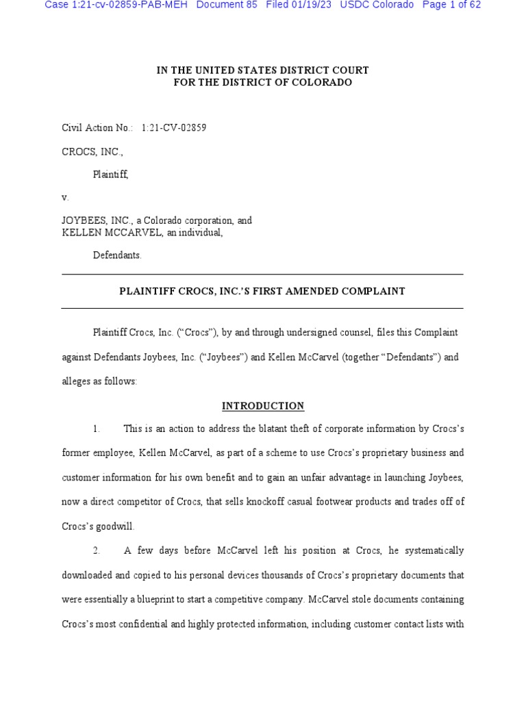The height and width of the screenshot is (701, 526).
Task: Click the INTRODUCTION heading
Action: pos(263,406)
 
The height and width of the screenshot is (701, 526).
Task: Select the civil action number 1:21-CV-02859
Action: pos(174,127)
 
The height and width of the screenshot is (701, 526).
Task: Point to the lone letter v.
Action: pos(65,197)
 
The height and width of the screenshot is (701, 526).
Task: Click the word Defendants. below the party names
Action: pos(117,255)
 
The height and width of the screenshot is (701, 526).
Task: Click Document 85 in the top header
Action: pos(227,5)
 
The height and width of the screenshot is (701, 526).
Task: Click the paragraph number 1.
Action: pos(97,429)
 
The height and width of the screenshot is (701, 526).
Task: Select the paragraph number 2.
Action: pos(97,550)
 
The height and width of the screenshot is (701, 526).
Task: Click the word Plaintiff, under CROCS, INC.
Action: pos(110,175)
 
